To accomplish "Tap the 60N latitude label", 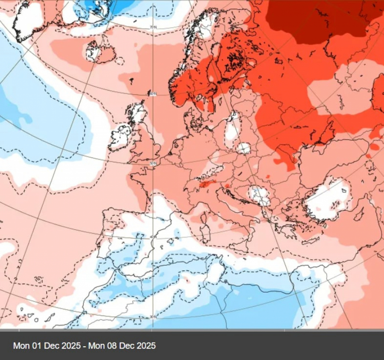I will [x=153, y=94].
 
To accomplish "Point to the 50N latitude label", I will [x=153, y=164].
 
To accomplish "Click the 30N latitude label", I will [x=153, y=316].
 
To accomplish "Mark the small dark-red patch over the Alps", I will [x=209, y=184].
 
